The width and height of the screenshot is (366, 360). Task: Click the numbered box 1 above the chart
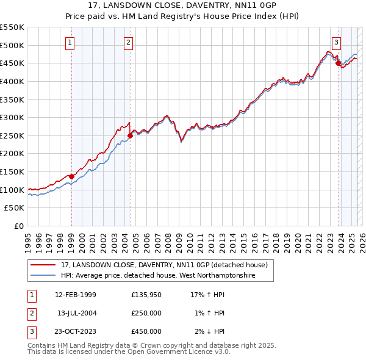[x=71, y=43]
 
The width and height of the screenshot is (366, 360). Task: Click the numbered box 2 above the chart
[x=129, y=43]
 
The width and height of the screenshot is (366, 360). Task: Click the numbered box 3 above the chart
[x=336, y=43]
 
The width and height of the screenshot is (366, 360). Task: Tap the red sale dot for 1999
[x=71, y=176]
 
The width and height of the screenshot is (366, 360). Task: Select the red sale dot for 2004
[x=130, y=135]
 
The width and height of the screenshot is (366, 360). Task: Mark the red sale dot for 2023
[x=338, y=63]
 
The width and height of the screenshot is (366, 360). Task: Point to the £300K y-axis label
[x=12, y=117]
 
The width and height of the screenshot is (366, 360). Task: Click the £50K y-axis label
[x=14, y=207]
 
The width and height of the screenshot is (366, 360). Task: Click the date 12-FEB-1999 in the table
[x=76, y=295]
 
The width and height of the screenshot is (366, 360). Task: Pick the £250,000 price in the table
[x=146, y=313]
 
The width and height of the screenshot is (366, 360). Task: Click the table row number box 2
[x=31, y=313]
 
